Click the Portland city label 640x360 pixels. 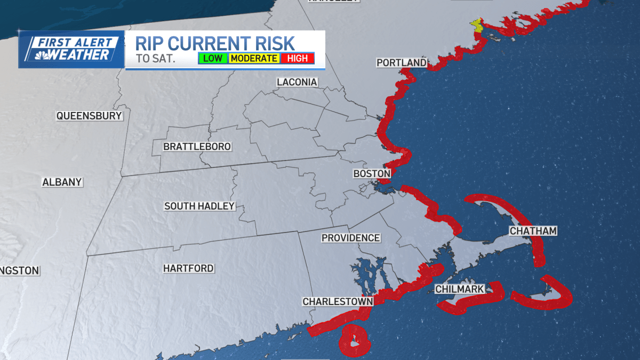402,63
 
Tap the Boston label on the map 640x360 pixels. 372,174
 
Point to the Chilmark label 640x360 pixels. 460,289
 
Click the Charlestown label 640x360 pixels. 338,301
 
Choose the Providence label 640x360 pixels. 350,238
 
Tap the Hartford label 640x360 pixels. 188,268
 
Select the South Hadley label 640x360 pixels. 199,206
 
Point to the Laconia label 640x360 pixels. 297,82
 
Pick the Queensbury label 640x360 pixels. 90,115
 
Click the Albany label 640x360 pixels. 62,182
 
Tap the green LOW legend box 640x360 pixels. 213,58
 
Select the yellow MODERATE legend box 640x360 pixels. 254,58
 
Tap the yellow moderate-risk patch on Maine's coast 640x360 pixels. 477,26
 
